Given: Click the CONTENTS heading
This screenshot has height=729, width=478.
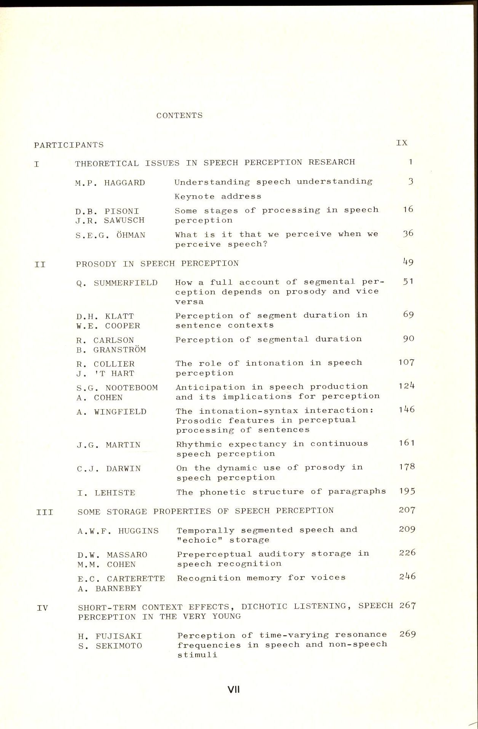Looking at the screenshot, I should [179, 116].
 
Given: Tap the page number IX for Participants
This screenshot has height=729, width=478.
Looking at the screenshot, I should [402, 143].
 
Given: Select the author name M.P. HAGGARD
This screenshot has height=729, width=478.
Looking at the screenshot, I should [110, 183].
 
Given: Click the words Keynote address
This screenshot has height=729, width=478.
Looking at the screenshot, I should [218, 197].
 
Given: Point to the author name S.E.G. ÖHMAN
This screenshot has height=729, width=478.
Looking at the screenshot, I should [110, 235].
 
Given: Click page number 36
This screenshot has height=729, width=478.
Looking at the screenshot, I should [408, 234].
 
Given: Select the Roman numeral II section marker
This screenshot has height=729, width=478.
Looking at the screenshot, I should [40, 264].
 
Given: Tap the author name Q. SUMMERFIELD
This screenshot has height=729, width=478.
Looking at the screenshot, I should [117, 283].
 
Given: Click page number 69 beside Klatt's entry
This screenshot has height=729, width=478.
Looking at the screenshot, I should [408, 315].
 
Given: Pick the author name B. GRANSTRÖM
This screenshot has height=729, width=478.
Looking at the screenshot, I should [111, 350].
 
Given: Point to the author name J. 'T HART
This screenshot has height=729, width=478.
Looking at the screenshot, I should [105, 374].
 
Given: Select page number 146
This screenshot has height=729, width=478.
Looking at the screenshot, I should [406, 410].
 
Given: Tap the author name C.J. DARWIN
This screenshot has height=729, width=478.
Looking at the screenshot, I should [109, 469].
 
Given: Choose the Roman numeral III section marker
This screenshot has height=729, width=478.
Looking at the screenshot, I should [45, 512].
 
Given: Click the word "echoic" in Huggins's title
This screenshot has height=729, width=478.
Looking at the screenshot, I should [200, 540].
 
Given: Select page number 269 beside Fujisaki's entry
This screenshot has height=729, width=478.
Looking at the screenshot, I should [407, 634].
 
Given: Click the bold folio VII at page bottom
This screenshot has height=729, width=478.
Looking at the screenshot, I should [233, 689].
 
